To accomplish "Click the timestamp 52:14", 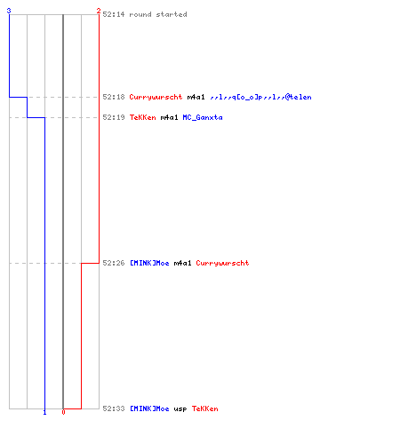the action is [114, 14].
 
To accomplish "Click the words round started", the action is [158, 14].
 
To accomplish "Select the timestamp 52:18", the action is [114, 97].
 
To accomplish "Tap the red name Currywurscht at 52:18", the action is [156, 97].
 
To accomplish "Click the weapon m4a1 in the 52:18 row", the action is [196, 97].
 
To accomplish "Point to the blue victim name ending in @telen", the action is [260, 97].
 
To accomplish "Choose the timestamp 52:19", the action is [114, 117].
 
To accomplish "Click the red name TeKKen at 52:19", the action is [142, 117].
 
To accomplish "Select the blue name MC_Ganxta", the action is [203, 117].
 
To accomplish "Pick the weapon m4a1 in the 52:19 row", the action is [169, 117].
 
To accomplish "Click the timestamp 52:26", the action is [114, 263].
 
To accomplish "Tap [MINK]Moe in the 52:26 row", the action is [149, 263].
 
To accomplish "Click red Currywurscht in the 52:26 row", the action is [222, 263].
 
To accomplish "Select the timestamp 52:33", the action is [114, 408].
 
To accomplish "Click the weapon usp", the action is [180, 409].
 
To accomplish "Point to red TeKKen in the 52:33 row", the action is [204, 408].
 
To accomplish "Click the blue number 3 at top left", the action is [9, 11].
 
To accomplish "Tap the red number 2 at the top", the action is [99, 11].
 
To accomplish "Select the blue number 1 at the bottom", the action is [44, 412].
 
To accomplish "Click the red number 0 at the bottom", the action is [63, 412].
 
